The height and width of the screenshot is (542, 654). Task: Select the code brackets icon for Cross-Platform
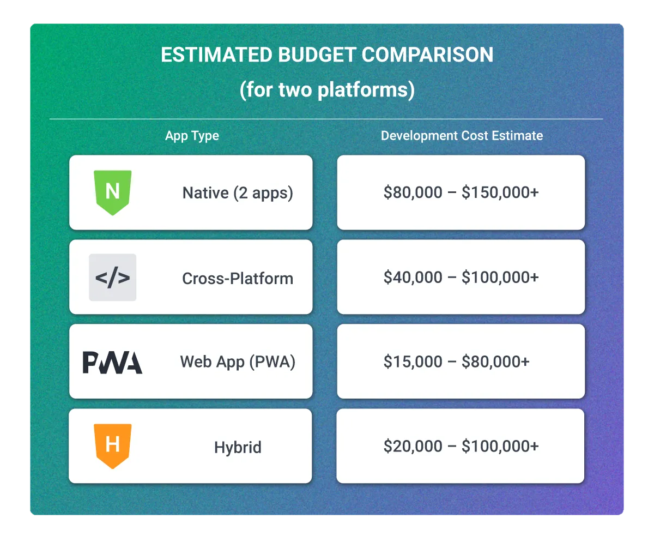click(112, 278)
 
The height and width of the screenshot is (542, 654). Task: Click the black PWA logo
click(112, 363)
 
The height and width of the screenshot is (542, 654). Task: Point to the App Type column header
click(192, 136)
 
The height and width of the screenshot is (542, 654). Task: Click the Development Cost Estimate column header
click(462, 136)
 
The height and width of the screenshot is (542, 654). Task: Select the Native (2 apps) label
click(238, 193)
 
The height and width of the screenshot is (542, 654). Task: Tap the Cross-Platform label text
click(238, 279)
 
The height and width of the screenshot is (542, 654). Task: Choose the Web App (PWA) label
click(238, 362)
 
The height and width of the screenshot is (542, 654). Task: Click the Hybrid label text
click(238, 448)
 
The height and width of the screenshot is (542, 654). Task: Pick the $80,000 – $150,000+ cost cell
click(461, 192)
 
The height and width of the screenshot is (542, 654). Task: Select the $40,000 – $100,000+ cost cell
click(461, 278)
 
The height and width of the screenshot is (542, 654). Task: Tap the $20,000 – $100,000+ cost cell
click(461, 447)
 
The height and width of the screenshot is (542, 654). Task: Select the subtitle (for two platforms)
click(327, 89)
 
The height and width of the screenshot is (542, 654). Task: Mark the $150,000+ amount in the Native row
click(500, 192)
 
